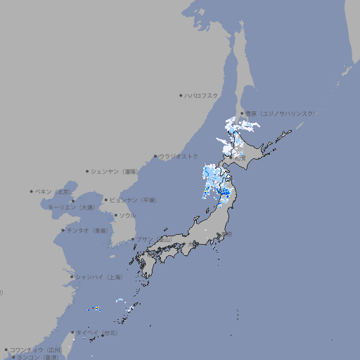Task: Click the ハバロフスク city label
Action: [202, 95]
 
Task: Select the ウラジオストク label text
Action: [179, 156]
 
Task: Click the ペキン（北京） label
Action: [54, 191]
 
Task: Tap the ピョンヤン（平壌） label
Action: [134, 200]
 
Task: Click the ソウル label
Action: [127, 215]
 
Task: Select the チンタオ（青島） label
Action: [88, 230]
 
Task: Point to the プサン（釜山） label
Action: [154, 239]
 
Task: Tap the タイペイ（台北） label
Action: [97, 333]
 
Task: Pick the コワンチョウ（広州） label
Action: [36, 349]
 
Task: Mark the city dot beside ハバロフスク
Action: [181, 95]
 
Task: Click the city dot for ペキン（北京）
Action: [32, 191]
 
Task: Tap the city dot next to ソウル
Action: [115, 215]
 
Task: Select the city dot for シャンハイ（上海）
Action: [72, 277]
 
